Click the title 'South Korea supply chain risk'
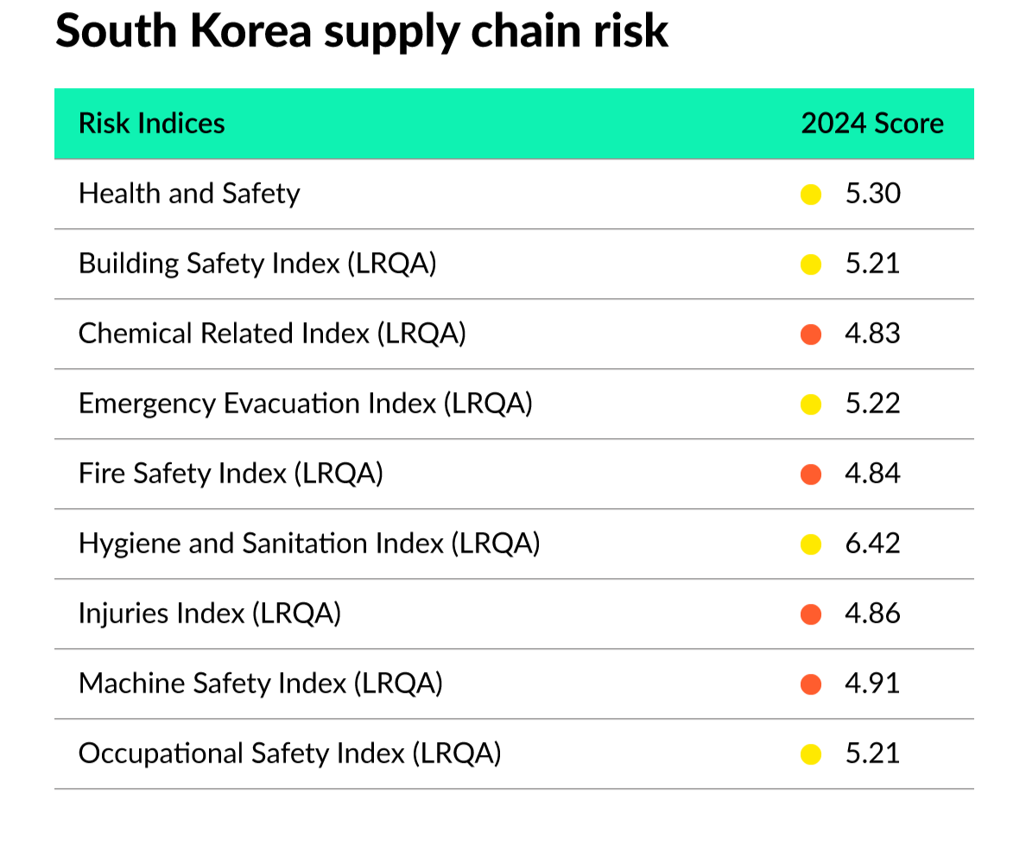click(362, 31)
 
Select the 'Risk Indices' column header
click(151, 124)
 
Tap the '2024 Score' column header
click(872, 124)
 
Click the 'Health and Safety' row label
click(189, 194)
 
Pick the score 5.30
click(872, 194)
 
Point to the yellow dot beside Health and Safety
click(811, 194)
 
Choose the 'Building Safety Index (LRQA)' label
click(257, 264)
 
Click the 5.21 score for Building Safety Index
click(872, 264)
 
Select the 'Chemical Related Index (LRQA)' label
click(272, 334)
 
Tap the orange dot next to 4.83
click(811, 334)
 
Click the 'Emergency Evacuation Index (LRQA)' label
click(306, 403)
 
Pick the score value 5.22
click(872, 403)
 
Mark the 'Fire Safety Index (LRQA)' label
click(231, 473)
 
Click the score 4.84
click(872, 473)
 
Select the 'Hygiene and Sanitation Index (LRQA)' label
click(309, 543)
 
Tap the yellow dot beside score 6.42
click(811, 544)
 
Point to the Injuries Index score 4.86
click(872, 613)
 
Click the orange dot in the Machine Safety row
click(811, 684)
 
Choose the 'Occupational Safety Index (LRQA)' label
click(290, 753)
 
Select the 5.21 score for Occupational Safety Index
click(872, 753)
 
